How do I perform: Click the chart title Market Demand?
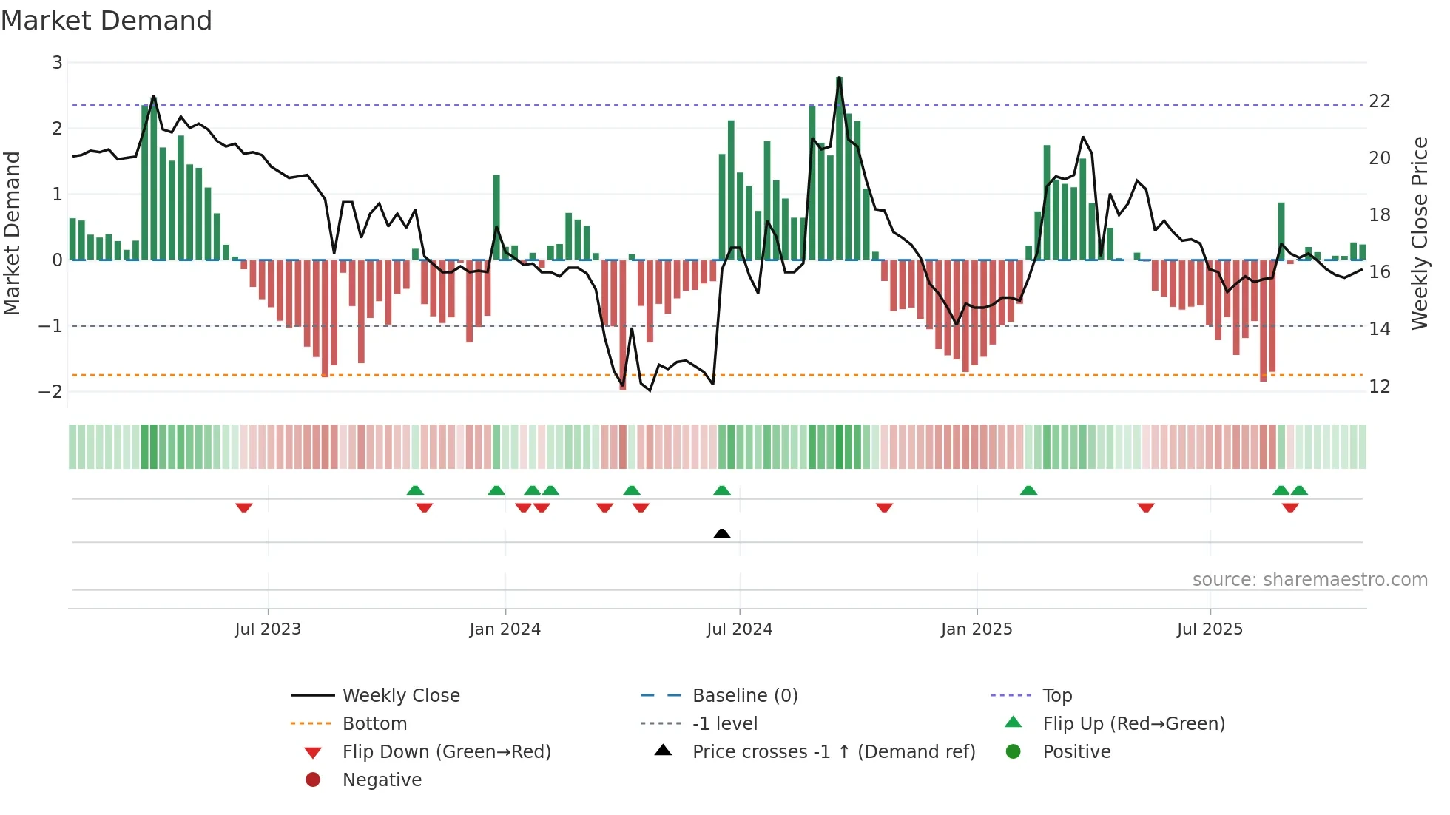[x=107, y=21]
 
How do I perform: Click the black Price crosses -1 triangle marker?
[x=722, y=533]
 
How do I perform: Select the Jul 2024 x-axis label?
[x=739, y=629]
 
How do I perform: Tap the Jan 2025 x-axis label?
[x=977, y=629]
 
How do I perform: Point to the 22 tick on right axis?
[x=1379, y=101]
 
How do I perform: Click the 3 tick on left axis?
[x=57, y=63]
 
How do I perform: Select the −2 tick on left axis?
[x=51, y=392]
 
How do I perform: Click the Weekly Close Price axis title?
[x=1419, y=233]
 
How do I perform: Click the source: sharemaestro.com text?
[x=1309, y=580]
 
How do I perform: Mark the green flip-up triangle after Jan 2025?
[x=1028, y=490]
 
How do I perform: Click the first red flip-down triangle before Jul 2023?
[x=244, y=507]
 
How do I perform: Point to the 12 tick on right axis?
[x=1379, y=387]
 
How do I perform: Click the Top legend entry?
[x=1056, y=696]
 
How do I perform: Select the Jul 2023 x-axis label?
[x=268, y=629]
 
